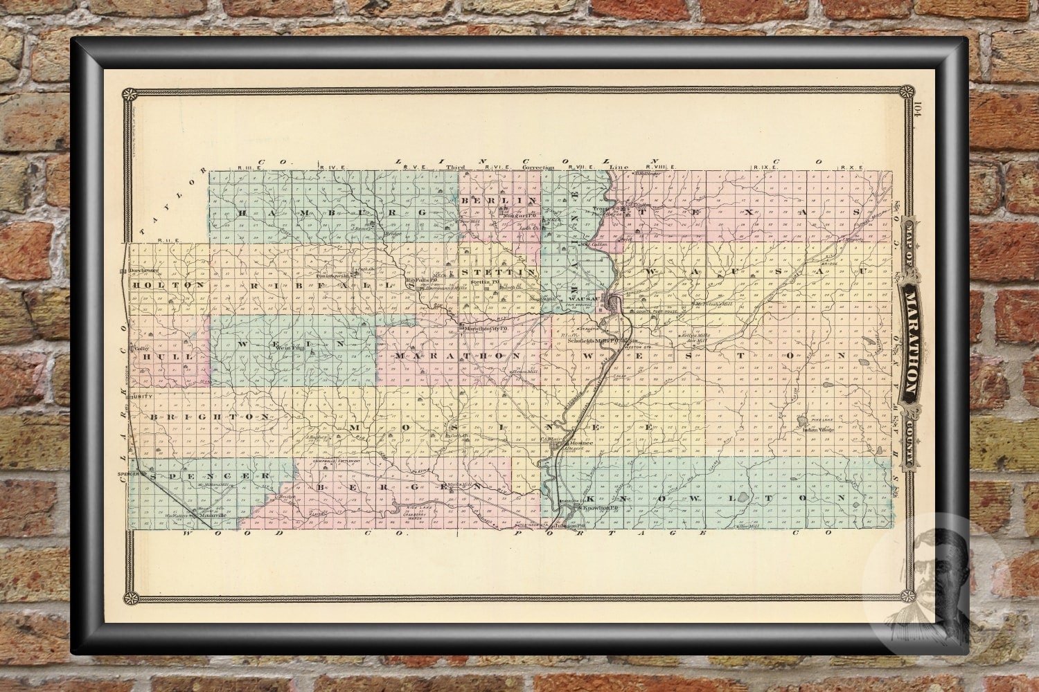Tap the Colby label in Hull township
(x=142, y=348)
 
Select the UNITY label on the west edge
(x=141, y=397)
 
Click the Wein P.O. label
(x=287, y=348)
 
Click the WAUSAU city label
(x=587, y=299)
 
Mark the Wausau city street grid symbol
(x=613, y=302)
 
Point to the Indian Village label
(x=817, y=430)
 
